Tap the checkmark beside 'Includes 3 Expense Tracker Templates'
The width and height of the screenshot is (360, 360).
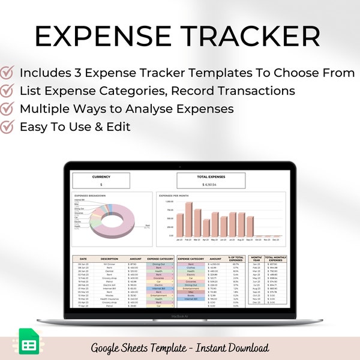pos(8,73)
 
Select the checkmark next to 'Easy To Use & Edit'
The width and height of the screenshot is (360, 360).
pos(8,127)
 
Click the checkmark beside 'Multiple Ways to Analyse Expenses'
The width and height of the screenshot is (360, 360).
pos(8,109)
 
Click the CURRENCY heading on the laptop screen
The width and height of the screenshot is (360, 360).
pos(101,177)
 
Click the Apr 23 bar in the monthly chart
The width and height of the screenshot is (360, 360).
pos(206,228)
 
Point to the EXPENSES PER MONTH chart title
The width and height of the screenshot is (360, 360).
pos(173,196)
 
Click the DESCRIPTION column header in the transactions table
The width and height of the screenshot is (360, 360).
pos(110,259)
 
